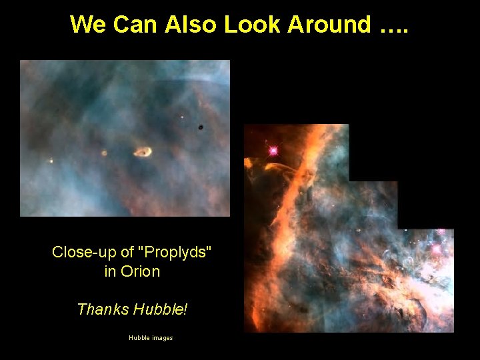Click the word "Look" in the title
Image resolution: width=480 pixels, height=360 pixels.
click(x=253, y=24)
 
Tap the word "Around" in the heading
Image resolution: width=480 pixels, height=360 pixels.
click(x=329, y=24)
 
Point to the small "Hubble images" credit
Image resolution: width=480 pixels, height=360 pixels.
click(x=151, y=338)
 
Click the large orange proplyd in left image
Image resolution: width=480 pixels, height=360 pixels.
click(x=143, y=153)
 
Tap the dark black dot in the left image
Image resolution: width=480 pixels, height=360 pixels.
click(x=200, y=127)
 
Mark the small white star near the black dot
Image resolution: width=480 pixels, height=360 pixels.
click(x=182, y=118)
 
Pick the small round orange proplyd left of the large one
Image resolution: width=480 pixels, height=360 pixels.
click(x=104, y=153)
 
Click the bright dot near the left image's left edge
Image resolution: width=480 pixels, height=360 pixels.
click(x=51, y=160)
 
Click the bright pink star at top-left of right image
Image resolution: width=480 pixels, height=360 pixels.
click(x=273, y=151)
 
